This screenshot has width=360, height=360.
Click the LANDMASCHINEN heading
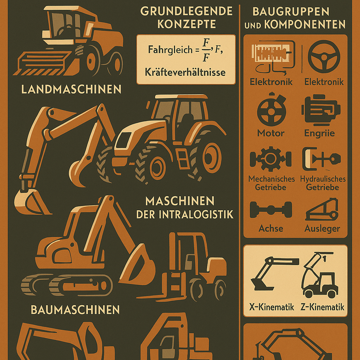tap(71, 89)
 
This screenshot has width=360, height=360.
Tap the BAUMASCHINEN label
tap(75, 310)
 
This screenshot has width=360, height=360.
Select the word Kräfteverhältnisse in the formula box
tap(185, 72)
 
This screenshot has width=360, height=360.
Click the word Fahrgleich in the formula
tap(170, 50)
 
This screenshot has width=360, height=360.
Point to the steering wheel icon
tap(324, 57)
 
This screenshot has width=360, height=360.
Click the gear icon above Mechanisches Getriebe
tap(271, 159)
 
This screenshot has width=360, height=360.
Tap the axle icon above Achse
tap(271, 210)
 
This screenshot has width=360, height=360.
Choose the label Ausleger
tap(322, 229)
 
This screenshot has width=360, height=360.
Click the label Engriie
tap(319, 133)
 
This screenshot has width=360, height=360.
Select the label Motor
tap(271, 133)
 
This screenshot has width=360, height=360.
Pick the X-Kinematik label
tap(272, 307)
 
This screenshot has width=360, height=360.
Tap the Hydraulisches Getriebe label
tap(323, 183)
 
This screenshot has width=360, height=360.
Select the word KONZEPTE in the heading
tap(186, 24)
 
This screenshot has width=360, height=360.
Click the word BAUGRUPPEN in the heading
tap(291, 12)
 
